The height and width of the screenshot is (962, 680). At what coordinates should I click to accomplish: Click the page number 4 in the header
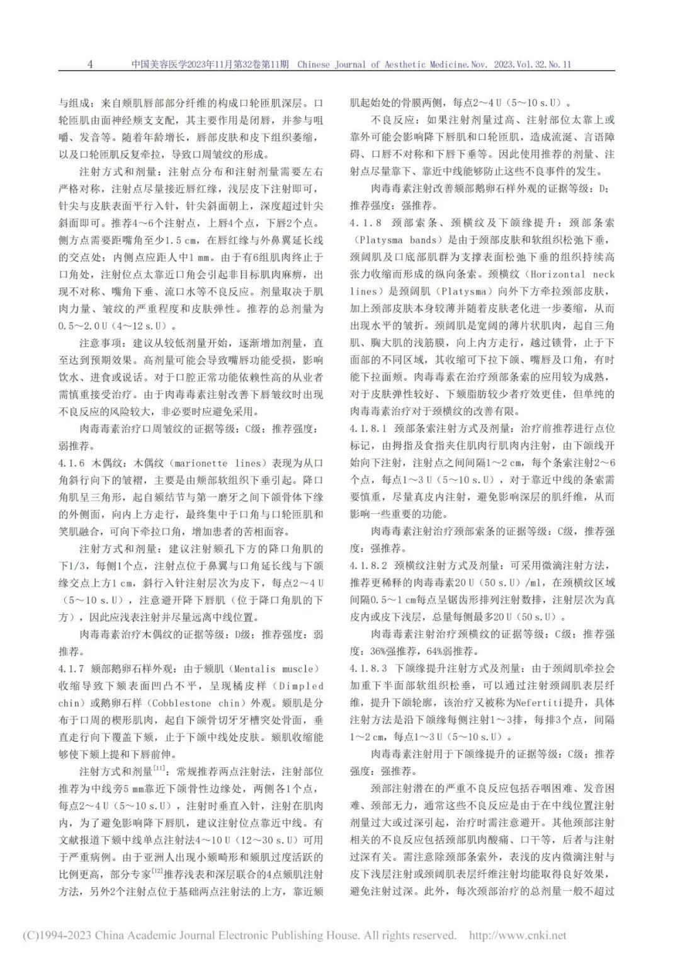pos(90,64)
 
